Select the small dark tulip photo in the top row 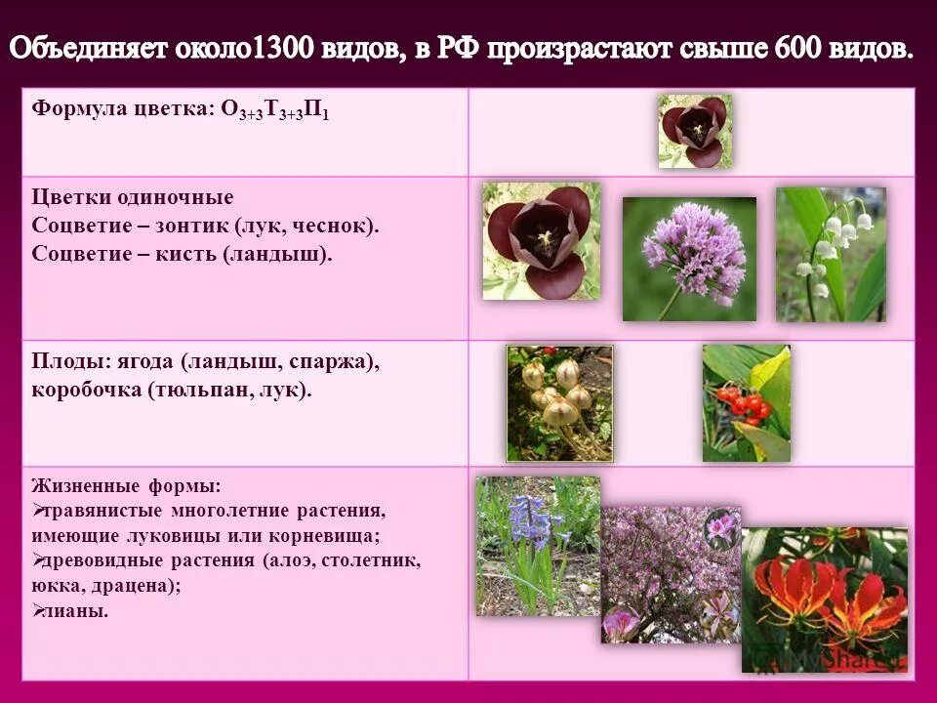click(695, 131)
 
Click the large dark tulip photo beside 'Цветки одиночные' click(542, 241)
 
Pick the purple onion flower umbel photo click(689, 259)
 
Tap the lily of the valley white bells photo click(831, 254)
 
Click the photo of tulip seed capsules click(559, 402)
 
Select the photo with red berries click(747, 402)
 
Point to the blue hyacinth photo click(538, 545)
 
